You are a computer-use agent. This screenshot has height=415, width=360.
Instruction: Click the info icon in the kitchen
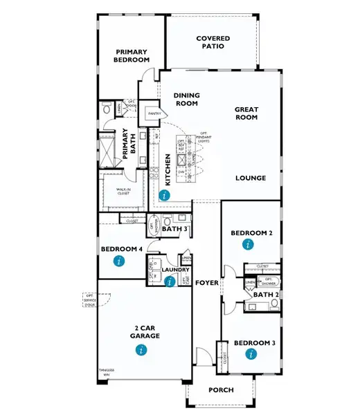click(x=163, y=196)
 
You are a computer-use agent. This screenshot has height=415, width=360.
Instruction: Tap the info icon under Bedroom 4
click(x=120, y=261)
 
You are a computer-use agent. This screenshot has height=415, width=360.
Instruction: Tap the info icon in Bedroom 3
click(x=251, y=354)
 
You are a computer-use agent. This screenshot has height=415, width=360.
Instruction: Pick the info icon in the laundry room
click(x=170, y=281)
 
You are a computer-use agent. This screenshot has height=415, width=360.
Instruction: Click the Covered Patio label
click(x=213, y=43)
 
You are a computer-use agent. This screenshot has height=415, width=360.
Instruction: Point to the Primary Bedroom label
click(x=132, y=56)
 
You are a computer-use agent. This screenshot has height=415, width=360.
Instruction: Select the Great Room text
click(x=246, y=113)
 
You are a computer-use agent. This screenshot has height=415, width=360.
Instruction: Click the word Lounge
click(x=251, y=178)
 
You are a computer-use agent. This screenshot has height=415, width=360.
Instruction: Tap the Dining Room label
click(x=186, y=100)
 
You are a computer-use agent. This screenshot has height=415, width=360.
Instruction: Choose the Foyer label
click(x=206, y=283)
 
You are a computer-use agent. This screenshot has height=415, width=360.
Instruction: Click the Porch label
click(x=221, y=390)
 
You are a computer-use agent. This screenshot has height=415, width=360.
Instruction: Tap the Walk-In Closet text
click(x=124, y=190)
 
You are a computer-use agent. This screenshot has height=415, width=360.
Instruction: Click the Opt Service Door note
click(x=89, y=299)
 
